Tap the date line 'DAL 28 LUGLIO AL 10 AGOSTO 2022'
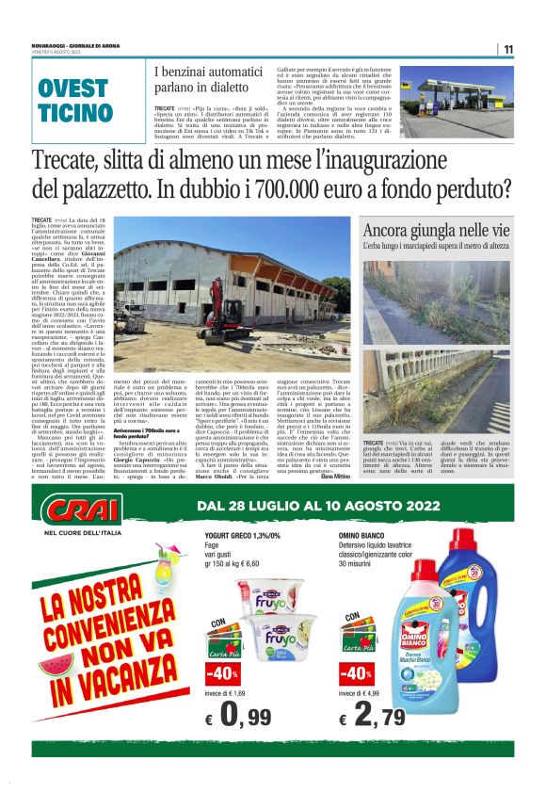[x=318, y=507]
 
